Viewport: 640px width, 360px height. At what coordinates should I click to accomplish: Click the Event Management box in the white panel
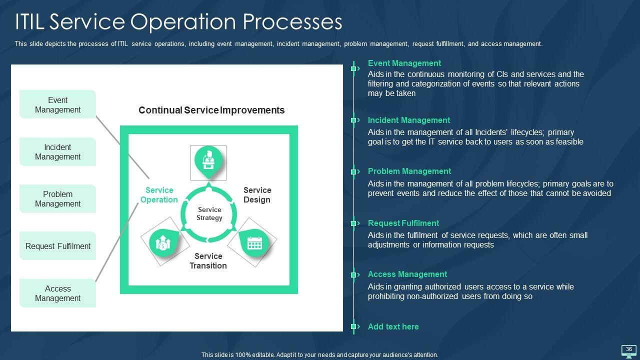coord(57,104)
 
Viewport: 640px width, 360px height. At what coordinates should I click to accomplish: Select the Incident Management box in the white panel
coord(57,151)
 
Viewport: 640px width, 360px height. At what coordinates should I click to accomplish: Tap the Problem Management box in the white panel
coord(57,199)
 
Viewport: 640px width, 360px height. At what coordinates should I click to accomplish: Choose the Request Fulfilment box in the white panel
coord(57,245)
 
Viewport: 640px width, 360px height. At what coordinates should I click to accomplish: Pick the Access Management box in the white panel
coord(57,293)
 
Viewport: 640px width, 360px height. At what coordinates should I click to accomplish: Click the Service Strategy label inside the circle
coord(209,213)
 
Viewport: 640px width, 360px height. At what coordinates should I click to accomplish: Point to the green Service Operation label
coord(159,195)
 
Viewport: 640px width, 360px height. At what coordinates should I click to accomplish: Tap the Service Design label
coord(257,195)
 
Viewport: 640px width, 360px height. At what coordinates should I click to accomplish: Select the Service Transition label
coord(208,261)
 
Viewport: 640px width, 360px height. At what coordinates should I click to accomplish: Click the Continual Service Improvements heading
coord(211,110)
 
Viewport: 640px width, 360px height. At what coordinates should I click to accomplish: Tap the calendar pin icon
coord(254,243)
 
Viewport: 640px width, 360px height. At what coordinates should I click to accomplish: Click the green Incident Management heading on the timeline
coord(409,120)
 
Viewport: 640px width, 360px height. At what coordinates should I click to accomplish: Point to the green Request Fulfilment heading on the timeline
coord(403,223)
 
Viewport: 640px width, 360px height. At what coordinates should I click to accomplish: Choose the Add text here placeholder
coord(393,326)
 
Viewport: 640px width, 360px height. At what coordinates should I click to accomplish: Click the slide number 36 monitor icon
coord(629,351)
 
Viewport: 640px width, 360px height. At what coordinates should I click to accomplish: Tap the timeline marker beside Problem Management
coord(354,171)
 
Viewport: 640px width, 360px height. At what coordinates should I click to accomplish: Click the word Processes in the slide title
coord(292,21)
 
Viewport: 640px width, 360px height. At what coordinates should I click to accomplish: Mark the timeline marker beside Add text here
coord(354,326)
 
